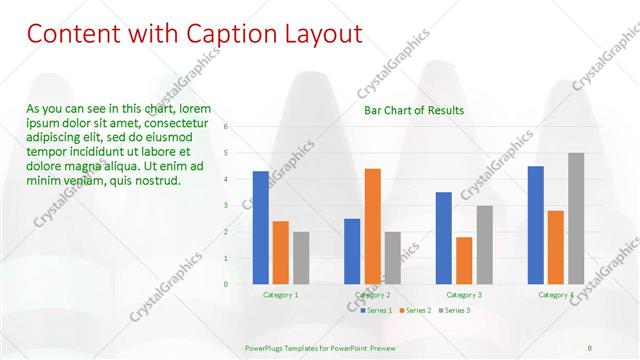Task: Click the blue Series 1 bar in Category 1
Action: point(260,228)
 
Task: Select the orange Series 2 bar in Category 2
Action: point(372,226)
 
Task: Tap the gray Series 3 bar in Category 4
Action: point(576,218)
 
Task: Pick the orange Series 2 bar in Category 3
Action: point(464,260)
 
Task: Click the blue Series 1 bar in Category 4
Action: point(536,225)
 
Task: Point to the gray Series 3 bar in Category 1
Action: point(301,258)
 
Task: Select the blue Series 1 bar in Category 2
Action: point(352,251)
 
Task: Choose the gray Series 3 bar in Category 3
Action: point(484,245)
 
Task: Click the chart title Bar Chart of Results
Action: point(414,110)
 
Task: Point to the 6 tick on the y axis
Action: point(227,127)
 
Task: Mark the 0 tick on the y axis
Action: point(227,284)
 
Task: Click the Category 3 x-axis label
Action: point(464,295)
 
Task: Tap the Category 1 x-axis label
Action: point(280,295)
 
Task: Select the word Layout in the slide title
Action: point(320,34)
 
